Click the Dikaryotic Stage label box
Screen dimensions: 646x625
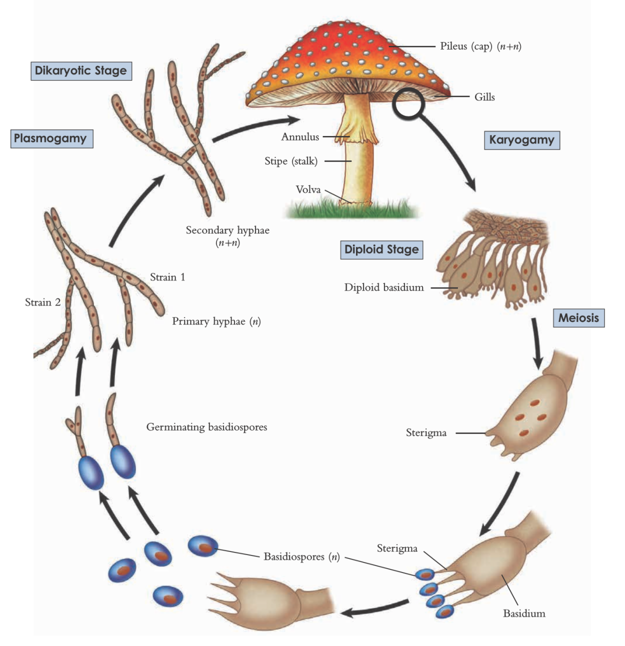pos(81,70)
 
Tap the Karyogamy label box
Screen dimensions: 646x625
pos(521,140)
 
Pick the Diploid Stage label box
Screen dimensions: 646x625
pos(381,249)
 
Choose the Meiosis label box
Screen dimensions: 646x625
pos(578,318)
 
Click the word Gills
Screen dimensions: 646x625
pos(484,97)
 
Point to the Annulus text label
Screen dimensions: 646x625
pos(300,137)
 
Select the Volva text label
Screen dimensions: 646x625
pos(308,189)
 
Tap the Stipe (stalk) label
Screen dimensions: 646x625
pos(291,161)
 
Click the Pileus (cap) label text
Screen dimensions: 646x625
pos(480,46)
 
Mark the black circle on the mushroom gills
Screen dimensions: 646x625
pos(408,103)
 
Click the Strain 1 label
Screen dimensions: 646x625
pos(167,277)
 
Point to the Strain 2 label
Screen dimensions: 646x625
pos(42,302)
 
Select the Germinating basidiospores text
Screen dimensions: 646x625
pos(206,427)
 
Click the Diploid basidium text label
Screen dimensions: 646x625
pos(383,287)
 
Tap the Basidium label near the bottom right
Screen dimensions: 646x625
pos(524,613)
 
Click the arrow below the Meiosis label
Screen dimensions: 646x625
pos(537,345)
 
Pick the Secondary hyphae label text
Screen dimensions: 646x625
pos(227,230)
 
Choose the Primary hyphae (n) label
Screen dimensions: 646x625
pos(216,321)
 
